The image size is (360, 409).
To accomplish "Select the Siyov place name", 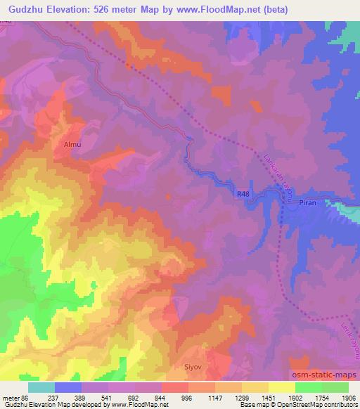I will (x=193, y=365).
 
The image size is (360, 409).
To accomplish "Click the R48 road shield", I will (x=243, y=193).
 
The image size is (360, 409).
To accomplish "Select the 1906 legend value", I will (x=348, y=397).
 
